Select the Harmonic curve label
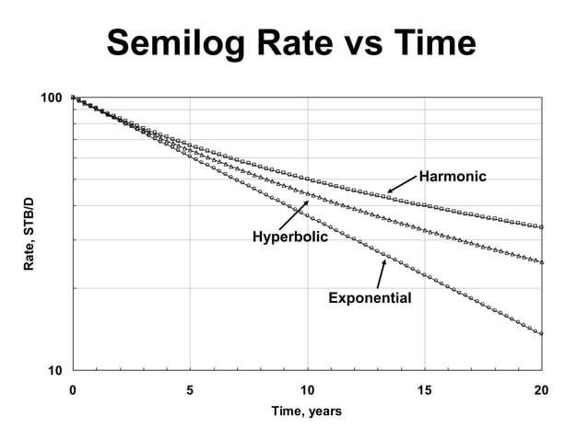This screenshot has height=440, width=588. [452, 176]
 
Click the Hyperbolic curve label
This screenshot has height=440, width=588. [289, 238]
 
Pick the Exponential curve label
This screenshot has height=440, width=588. [370, 298]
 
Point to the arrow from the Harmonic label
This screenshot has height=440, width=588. [402, 184]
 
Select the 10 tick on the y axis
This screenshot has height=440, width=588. [54, 371]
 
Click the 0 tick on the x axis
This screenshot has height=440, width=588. [73, 390]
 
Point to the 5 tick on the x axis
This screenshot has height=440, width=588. [190, 390]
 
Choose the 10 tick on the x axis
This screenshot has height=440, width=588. [307, 390]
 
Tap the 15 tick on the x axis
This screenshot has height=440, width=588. [424, 390]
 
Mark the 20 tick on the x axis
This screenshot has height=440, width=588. [541, 390]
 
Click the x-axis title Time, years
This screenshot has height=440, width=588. [306, 411]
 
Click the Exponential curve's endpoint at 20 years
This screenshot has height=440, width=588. [541, 333]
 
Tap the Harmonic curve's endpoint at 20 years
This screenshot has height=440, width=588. [541, 226]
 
